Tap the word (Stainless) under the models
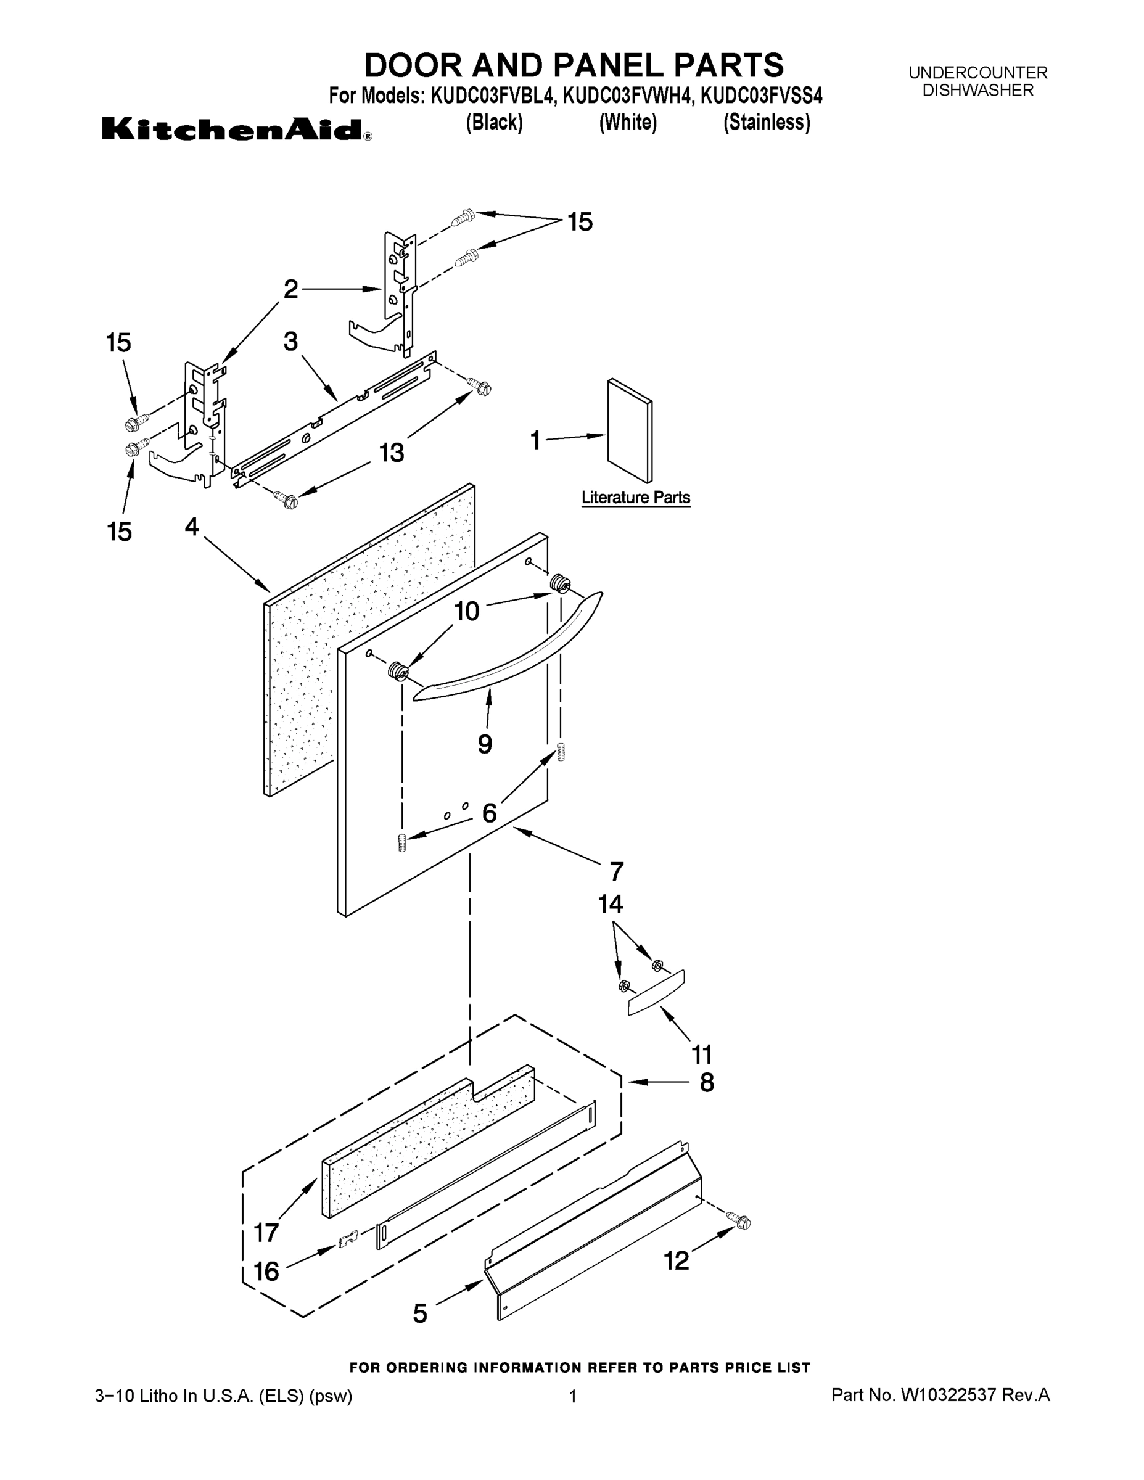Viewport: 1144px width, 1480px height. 767,122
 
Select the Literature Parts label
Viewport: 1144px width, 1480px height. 635,498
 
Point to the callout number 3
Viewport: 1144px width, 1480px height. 290,342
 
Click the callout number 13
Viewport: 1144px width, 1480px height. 392,452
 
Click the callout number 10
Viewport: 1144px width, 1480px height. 466,611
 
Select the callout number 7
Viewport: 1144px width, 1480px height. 616,871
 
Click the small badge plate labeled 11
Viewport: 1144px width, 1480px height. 656,993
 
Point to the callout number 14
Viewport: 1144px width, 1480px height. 611,904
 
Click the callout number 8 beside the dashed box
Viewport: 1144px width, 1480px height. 706,1083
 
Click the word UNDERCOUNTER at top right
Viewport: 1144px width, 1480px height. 977,73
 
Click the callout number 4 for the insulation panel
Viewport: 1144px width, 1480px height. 192,527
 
